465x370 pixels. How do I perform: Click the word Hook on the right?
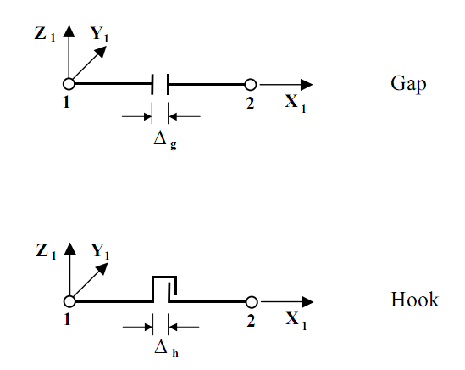coord(414,300)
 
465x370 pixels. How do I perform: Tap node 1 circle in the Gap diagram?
coord(69,84)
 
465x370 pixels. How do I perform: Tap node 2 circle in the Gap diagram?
coord(251,85)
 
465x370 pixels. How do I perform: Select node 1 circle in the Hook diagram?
coord(69,300)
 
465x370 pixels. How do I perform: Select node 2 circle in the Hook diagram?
coord(251,301)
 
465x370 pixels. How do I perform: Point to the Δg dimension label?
coord(163,139)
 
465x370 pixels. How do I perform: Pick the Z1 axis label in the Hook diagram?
coord(47,252)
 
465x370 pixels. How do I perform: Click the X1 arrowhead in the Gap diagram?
coord(307,85)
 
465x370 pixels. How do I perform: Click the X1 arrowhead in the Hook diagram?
coord(307,301)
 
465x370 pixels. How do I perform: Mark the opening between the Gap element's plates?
coord(160,84)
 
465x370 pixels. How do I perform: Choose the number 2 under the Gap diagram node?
coord(250,102)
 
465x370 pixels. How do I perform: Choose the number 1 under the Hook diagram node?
coord(69,318)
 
